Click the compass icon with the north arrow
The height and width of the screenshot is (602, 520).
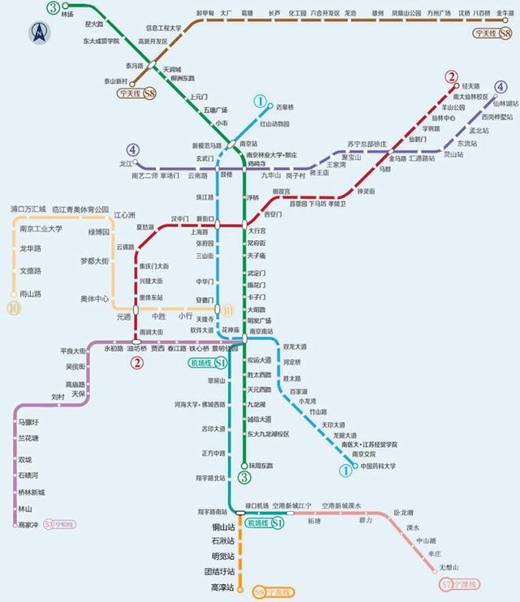[x=38, y=32]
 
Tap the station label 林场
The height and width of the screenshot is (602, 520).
[x=67, y=15]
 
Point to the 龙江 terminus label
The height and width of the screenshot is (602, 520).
[x=125, y=163]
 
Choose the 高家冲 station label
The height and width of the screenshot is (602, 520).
[x=28, y=525]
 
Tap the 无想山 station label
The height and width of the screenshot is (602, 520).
[x=448, y=566]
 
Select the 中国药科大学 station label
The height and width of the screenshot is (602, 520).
[x=378, y=466]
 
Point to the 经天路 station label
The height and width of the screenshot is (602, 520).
[x=471, y=85]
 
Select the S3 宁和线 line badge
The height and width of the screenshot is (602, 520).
[x=58, y=524]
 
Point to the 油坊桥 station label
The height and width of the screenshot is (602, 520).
[x=138, y=349]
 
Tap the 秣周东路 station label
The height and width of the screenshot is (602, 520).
[x=262, y=466]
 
